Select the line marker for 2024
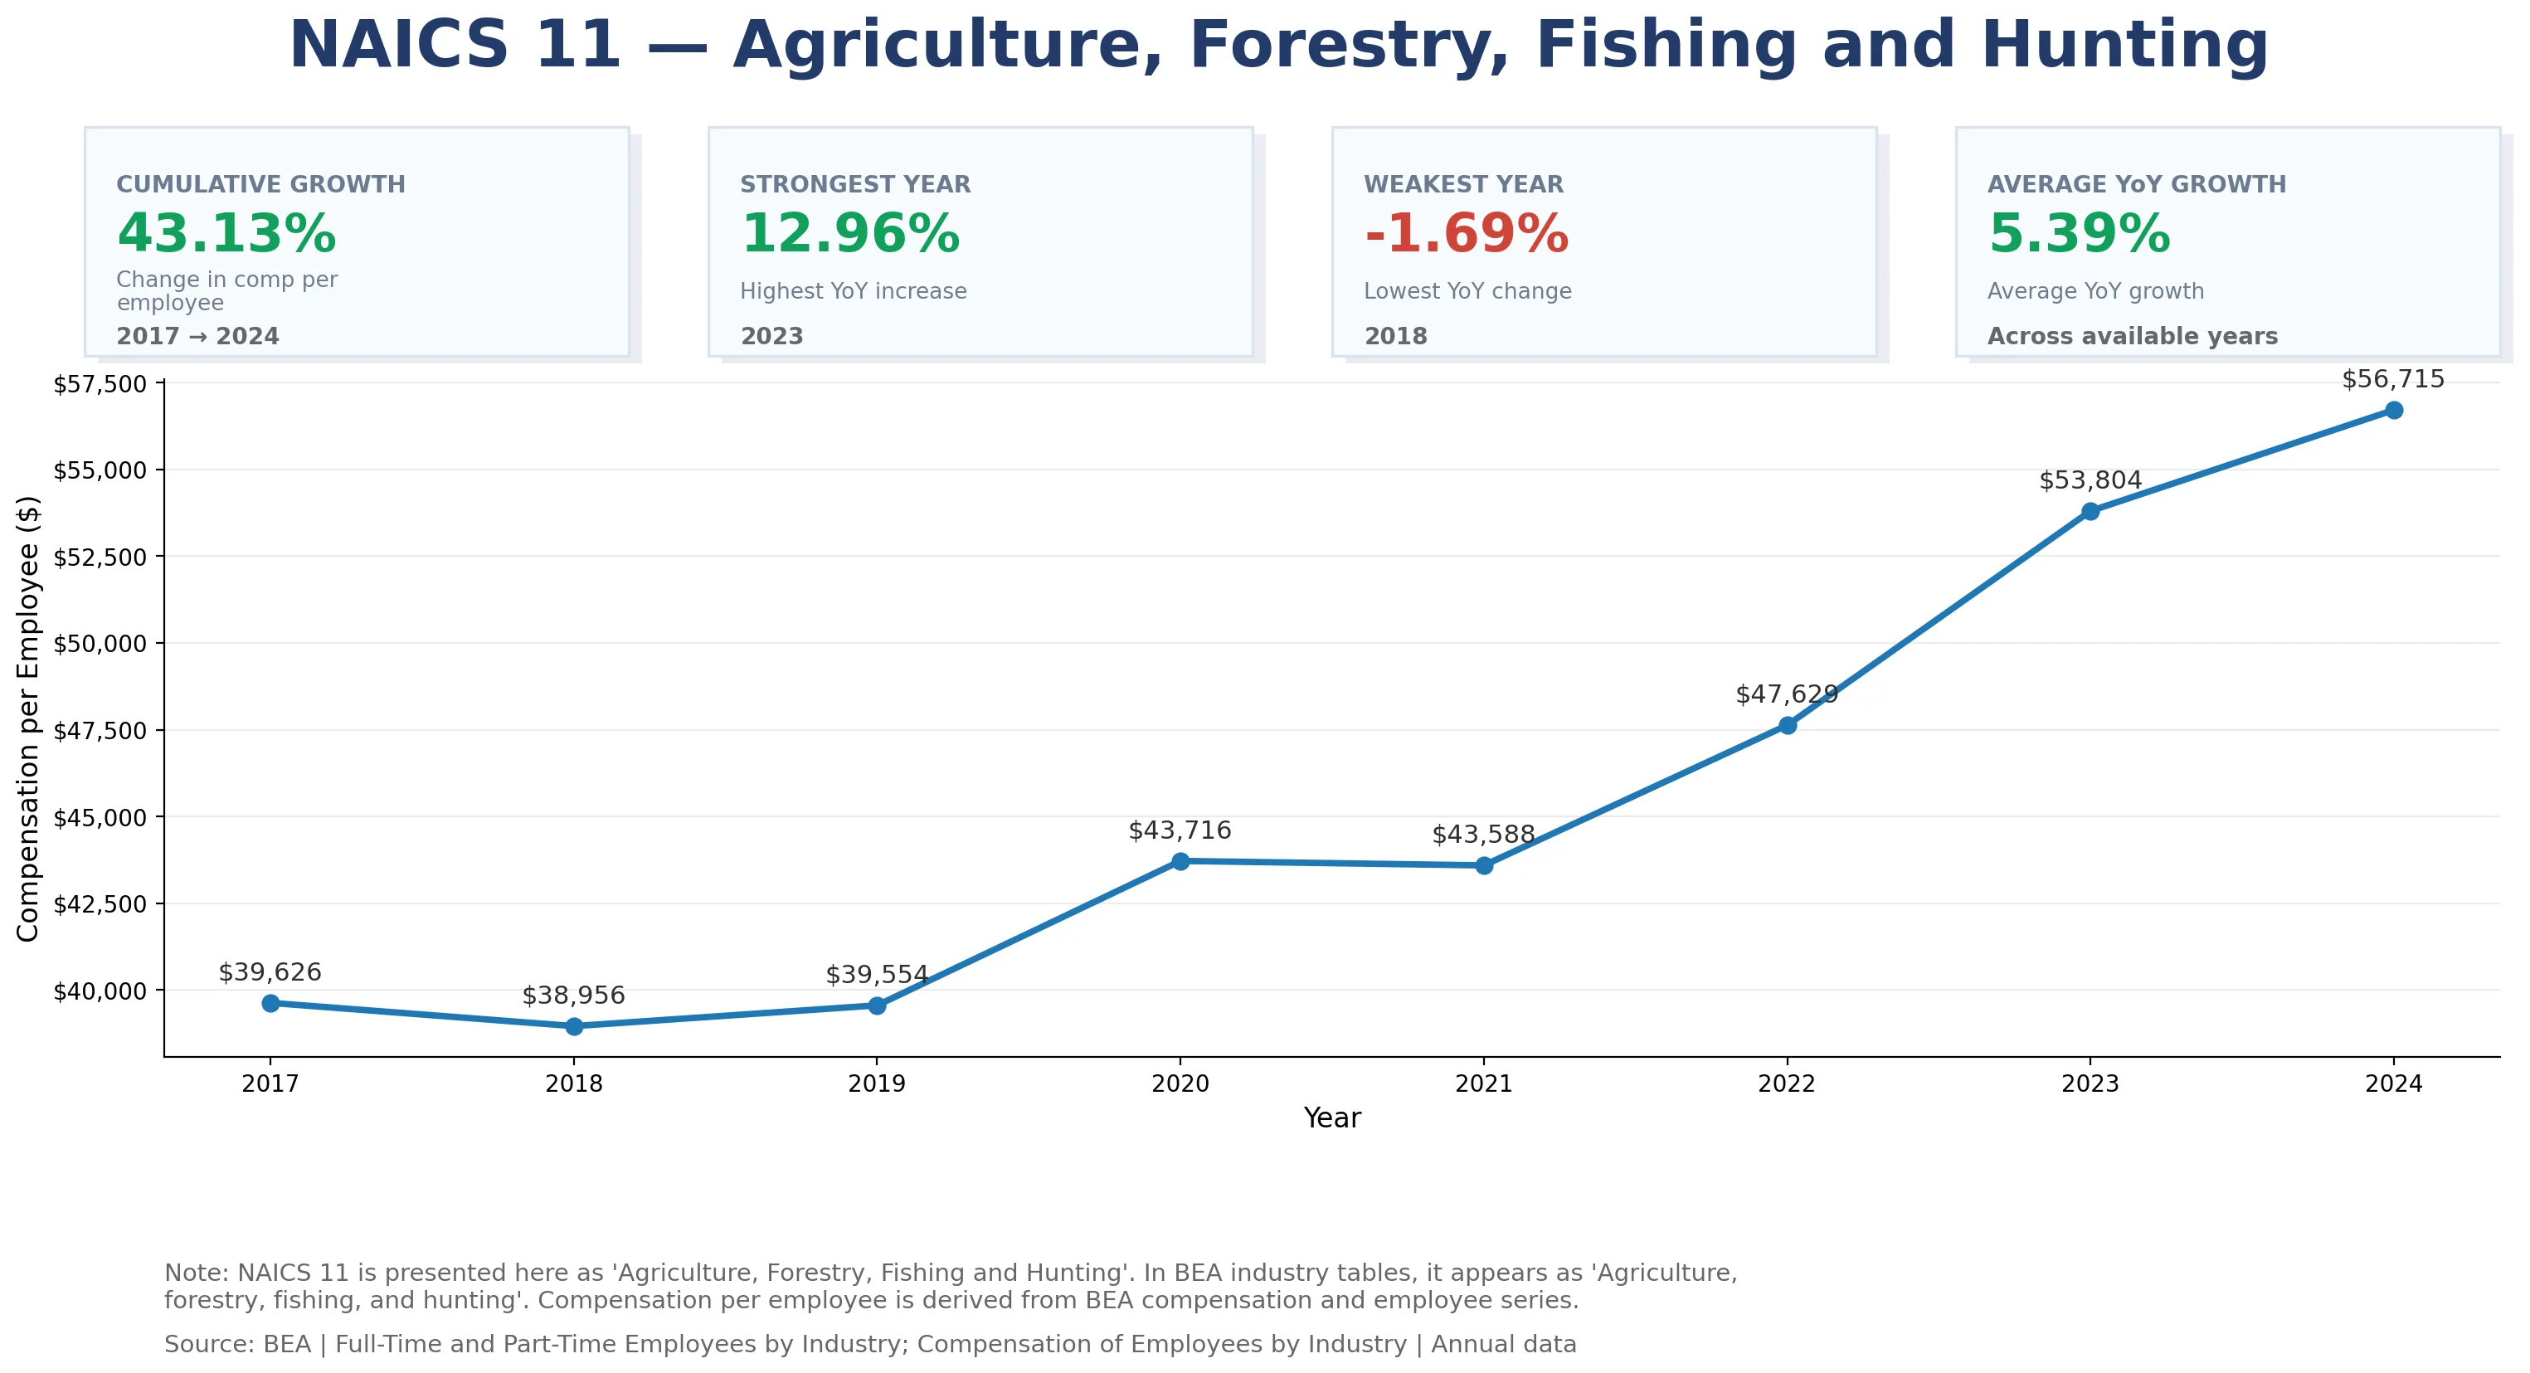(2393, 410)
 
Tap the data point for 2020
(1180, 861)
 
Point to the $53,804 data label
(2090, 480)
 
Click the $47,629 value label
(1786, 694)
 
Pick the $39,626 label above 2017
(270, 972)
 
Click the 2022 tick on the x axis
(1787, 1083)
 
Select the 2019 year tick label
(877, 1083)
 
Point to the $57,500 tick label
(100, 384)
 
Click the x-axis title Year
(1332, 1117)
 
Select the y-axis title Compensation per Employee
(28, 719)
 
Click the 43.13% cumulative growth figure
(227, 234)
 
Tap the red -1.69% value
(1467, 234)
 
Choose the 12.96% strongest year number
(850, 234)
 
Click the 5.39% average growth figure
(2080, 234)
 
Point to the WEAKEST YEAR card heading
(1463, 185)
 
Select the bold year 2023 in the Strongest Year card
(772, 336)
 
